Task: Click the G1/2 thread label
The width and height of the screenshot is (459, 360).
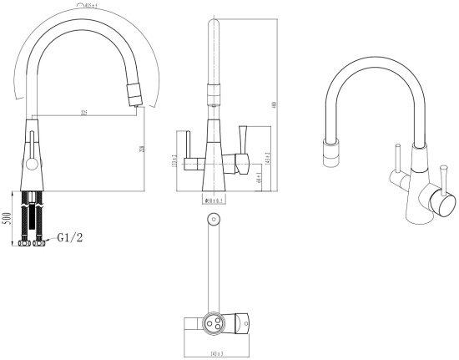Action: click(71, 238)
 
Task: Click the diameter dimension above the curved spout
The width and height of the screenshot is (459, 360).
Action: click(88, 6)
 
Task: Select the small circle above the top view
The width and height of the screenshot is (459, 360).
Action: click(211, 220)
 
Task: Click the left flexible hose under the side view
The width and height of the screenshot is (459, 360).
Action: click(25, 213)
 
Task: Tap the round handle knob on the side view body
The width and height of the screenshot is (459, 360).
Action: click(32, 165)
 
